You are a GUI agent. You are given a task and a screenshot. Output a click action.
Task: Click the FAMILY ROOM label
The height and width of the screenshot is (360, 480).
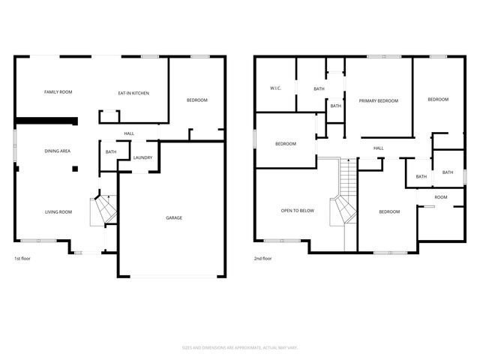point(58,91)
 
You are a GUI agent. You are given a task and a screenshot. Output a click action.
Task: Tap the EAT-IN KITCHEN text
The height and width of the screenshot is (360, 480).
point(133,93)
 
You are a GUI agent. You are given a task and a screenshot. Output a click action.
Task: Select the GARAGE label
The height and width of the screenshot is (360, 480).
point(174,218)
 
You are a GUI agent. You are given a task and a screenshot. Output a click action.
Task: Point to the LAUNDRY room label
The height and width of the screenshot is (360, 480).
point(142,157)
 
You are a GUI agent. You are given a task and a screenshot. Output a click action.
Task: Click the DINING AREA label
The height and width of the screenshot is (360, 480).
point(58,151)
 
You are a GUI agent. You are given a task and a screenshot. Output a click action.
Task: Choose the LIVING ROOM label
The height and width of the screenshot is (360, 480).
point(58,212)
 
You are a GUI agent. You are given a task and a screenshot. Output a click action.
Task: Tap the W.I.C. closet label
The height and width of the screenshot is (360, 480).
point(275,88)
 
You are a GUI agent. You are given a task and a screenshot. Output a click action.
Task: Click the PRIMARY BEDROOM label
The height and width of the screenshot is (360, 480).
point(378,100)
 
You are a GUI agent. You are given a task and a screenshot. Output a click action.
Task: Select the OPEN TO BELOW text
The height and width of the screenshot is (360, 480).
point(297,211)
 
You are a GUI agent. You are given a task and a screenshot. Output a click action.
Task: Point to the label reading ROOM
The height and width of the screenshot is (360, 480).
point(440,197)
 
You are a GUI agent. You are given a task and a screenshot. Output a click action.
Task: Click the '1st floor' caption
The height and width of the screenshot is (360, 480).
point(22,259)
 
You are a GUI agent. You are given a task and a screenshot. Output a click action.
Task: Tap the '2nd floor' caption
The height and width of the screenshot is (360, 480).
point(262,259)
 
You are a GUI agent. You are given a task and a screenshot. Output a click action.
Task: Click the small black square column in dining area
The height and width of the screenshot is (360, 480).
point(75,169)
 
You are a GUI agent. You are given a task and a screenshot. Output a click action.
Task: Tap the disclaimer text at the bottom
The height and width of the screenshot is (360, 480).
point(240,347)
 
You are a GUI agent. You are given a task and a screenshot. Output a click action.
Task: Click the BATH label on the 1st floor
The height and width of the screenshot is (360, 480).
point(111,152)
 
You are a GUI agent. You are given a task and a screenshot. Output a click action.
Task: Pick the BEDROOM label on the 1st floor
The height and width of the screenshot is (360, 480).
point(196,100)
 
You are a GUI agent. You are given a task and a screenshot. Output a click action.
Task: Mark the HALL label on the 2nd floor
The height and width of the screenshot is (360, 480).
point(378,148)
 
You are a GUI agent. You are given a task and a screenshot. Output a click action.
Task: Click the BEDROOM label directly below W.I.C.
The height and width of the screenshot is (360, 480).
point(286,144)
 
